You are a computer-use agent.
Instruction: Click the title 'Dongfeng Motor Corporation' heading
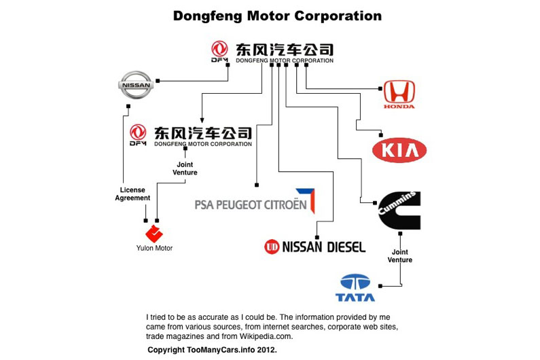point(277,16)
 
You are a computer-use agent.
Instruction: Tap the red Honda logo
point(399,94)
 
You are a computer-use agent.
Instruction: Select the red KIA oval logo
point(399,150)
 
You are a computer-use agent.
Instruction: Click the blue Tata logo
point(355,287)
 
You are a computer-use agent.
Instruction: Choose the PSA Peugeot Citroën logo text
point(255,203)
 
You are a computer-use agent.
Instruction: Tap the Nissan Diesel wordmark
point(314,246)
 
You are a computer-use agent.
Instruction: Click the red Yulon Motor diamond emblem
point(154,234)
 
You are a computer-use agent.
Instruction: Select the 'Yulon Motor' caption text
point(154,248)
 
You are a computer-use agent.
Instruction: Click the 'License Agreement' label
point(132,194)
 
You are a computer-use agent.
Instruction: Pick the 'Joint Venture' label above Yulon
point(185,168)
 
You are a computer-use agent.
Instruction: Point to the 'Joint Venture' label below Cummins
point(400,255)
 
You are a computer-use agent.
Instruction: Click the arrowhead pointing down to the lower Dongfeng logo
point(202,120)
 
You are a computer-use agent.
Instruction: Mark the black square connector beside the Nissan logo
point(158,80)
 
